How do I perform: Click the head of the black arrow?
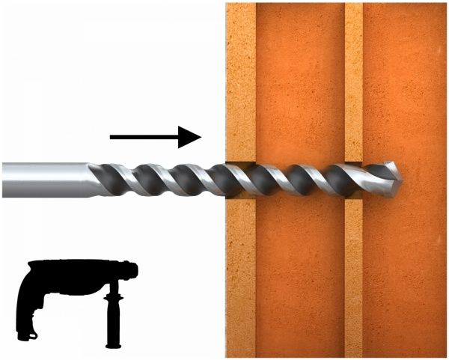(x=193, y=137)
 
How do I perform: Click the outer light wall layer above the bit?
(x=240, y=75)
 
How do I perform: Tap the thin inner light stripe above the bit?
(x=354, y=75)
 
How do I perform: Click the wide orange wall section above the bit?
(x=299, y=75)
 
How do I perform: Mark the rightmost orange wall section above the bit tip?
(x=404, y=75)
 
